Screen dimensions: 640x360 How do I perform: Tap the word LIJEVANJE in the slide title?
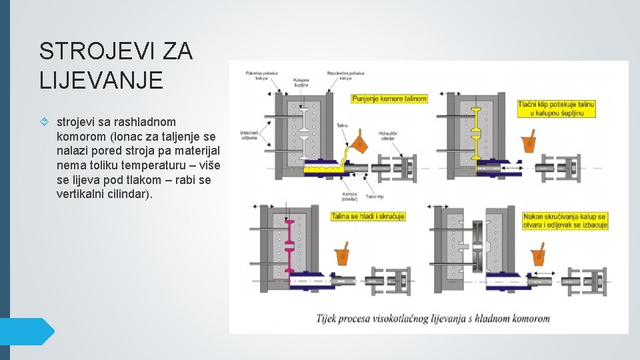[101, 80]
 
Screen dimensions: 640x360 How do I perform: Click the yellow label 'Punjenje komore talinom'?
[389, 99]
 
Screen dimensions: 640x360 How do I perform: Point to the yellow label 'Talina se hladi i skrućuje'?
[368, 217]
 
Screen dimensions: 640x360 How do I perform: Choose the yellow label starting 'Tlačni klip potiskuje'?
[557, 109]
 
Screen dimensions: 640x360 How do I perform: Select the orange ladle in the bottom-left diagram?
[344, 255]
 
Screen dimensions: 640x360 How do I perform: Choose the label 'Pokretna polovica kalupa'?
[261, 75]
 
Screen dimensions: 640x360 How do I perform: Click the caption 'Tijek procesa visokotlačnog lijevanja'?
[433, 318]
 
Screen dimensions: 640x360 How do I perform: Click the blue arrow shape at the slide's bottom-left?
[27, 331]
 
